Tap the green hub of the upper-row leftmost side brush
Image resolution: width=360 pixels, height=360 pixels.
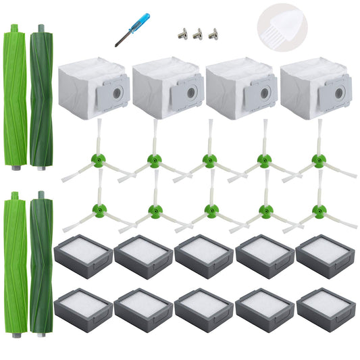point(99,160)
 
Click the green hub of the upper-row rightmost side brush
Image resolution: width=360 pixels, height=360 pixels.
point(317,160)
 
